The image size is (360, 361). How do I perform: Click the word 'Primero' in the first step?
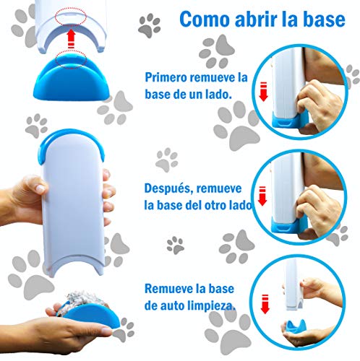[169, 77]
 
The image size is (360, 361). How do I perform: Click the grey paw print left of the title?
[149, 27]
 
